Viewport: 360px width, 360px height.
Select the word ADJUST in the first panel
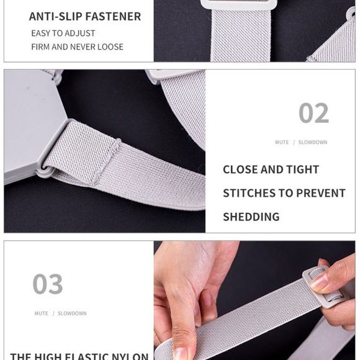[81, 34]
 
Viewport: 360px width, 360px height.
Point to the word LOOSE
[109, 47]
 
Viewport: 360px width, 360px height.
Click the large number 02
[313, 114]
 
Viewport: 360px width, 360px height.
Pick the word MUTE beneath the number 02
[282, 143]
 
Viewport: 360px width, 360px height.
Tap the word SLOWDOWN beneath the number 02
[312, 143]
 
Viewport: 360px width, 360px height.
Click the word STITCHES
[250, 193]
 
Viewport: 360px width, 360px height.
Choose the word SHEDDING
[251, 217]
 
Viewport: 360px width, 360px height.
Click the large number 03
[48, 284]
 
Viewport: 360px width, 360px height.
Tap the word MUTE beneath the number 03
[42, 313]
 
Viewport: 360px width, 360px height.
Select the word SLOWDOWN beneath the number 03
[72, 313]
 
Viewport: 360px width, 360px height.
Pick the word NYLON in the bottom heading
[131, 356]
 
